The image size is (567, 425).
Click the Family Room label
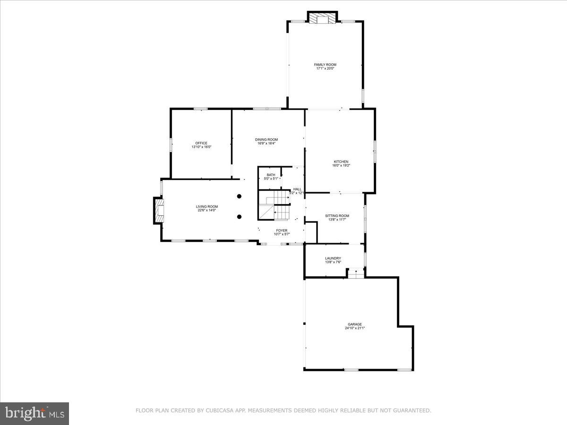pyautogui.click(x=325, y=64)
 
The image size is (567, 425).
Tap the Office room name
pyautogui.click(x=201, y=143)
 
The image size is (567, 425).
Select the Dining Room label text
pyautogui.click(x=266, y=139)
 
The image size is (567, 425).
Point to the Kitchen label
pyautogui.click(x=341, y=161)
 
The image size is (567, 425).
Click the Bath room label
pyautogui.click(x=271, y=175)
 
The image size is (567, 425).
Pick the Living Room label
pyautogui.click(x=207, y=206)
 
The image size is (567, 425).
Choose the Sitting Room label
pyautogui.click(x=337, y=215)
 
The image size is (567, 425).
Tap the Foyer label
pyautogui.click(x=282, y=230)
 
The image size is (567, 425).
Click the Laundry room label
pyautogui.click(x=333, y=258)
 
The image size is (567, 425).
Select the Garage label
pyautogui.click(x=355, y=324)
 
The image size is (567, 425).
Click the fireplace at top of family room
pyautogui.click(x=323, y=18)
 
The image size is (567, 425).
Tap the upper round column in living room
pyautogui.click(x=240, y=196)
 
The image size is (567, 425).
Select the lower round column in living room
pyautogui.click(x=240, y=217)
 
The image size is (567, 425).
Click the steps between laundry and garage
pyautogui.click(x=355, y=273)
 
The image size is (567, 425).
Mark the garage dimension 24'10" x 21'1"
pyautogui.click(x=355, y=328)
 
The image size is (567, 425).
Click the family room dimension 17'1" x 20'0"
pyautogui.click(x=325, y=68)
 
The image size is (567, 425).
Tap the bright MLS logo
pyautogui.click(x=34, y=413)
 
